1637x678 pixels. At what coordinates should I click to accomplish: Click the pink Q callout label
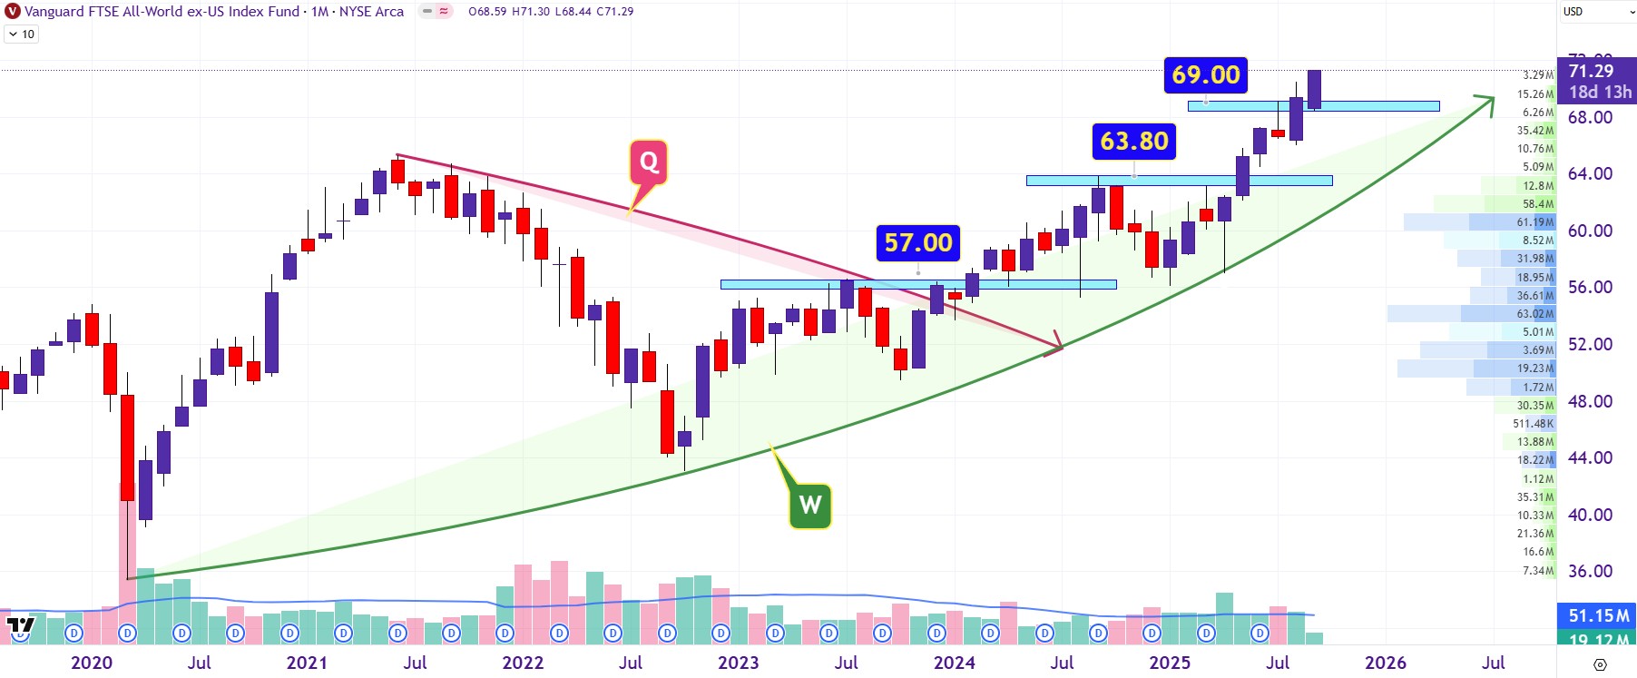click(x=649, y=162)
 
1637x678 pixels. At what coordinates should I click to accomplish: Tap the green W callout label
click(x=809, y=505)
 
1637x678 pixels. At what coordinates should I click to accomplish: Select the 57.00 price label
click(x=918, y=242)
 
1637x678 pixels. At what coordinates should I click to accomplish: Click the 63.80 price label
click(x=1134, y=141)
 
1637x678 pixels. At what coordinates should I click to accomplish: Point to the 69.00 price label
click(x=1205, y=74)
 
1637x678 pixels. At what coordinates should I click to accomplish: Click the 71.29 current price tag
click(x=1591, y=72)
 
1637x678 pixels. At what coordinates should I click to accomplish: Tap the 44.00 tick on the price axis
click(x=1590, y=457)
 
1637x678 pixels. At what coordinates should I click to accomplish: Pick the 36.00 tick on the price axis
click(x=1590, y=571)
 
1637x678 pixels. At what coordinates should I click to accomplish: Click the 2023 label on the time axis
click(x=738, y=663)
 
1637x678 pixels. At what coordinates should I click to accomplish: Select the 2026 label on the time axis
click(x=1385, y=663)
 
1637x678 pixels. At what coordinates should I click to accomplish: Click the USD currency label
click(x=1573, y=12)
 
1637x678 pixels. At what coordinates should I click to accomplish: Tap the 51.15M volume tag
click(x=1598, y=615)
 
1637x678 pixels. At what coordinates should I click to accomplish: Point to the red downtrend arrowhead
click(x=1055, y=345)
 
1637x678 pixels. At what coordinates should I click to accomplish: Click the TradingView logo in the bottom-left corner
click(x=20, y=625)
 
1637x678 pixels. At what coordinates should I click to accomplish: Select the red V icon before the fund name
click(x=13, y=12)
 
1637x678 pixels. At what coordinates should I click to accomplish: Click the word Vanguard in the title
click(x=54, y=12)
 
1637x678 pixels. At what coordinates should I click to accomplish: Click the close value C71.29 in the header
click(x=614, y=12)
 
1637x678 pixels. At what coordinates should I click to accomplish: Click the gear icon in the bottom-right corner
click(x=1600, y=665)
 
